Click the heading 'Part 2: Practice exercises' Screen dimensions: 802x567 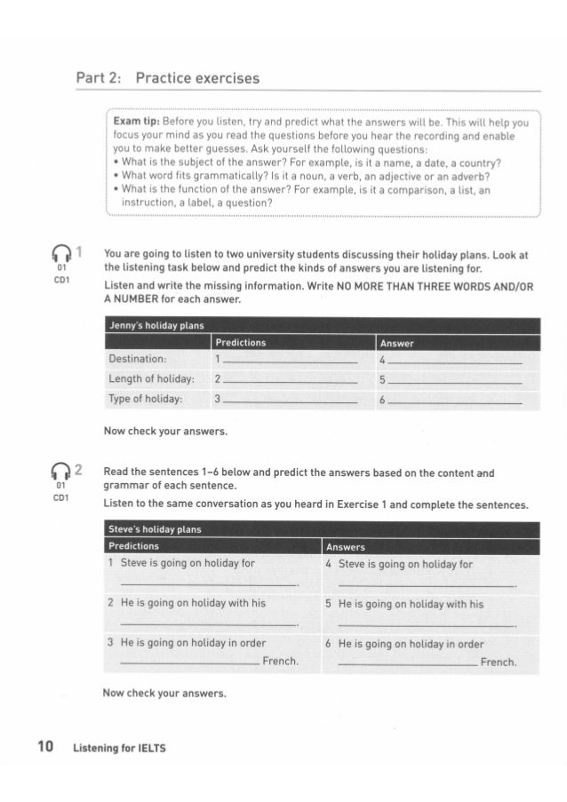tap(167, 78)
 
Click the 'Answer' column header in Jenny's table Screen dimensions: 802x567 tap(395, 342)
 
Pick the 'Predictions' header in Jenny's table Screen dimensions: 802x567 tap(240, 342)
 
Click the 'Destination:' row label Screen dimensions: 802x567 tap(143, 360)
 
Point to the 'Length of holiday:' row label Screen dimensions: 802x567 tap(151, 379)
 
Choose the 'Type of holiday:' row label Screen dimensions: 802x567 tap(146, 400)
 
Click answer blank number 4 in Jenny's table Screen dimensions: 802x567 tap(454, 362)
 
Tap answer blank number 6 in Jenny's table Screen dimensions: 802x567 tap(454, 403)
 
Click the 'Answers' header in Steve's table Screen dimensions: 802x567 tap(346, 546)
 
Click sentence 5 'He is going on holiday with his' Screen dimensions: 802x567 tap(411, 604)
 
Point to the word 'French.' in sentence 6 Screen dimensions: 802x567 tap(498, 663)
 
